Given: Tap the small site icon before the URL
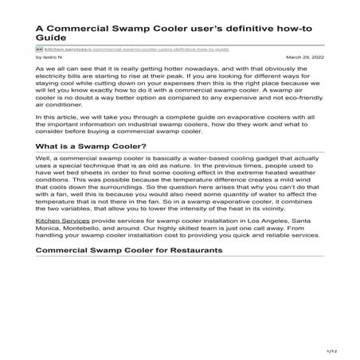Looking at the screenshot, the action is tap(40, 49).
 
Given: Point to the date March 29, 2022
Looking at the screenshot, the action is tap(303, 57).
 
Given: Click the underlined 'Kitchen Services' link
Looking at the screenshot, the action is tap(59, 219).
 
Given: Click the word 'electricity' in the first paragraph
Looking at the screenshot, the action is tap(54, 80).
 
